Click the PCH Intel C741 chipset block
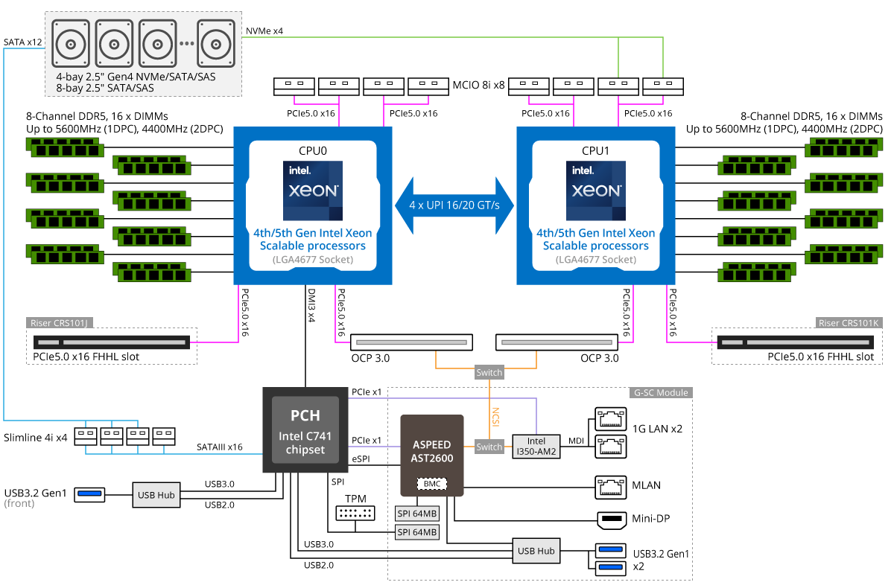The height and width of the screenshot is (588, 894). click(305, 429)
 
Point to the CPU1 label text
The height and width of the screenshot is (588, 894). click(595, 150)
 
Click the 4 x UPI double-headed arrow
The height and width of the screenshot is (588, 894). click(454, 205)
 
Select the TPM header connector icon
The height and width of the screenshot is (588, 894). click(355, 513)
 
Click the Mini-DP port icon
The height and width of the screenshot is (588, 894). click(612, 518)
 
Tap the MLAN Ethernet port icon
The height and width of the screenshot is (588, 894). click(609, 486)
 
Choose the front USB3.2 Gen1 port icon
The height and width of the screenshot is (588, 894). click(90, 494)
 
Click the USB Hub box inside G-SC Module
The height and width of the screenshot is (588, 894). click(536, 551)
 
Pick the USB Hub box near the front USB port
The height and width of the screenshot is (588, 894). click(156, 494)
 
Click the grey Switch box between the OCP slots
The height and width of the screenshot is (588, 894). click(489, 372)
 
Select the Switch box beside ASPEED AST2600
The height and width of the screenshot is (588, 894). click(489, 447)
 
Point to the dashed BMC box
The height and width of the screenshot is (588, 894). click(432, 484)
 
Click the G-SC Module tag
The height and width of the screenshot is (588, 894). click(662, 392)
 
